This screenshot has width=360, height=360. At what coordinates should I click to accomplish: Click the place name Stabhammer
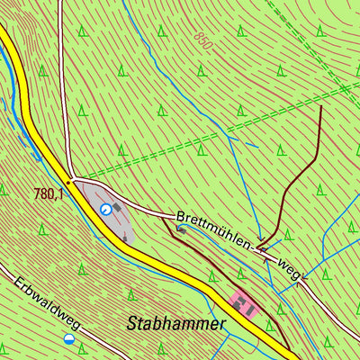click(x=176, y=323)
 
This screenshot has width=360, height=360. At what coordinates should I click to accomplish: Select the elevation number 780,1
click(x=49, y=193)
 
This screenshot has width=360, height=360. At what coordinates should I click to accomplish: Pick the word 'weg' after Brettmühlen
click(x=288, y=266)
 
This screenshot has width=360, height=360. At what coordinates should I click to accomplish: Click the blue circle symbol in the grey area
click(x=106, y=210)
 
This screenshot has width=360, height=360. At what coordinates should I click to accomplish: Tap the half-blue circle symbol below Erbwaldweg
click(x=69, y=338)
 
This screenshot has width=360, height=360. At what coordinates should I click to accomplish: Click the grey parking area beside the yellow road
click(x=112, y=211)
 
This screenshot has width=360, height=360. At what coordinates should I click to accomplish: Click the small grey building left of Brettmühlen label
click(x=181, y=229)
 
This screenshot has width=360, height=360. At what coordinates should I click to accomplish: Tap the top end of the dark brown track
click(x=321, y=105)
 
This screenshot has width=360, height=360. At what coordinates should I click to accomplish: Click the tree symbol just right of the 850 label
click(x=240, y=31)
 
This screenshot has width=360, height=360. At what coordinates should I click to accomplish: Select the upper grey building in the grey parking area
click(x=117, y=204)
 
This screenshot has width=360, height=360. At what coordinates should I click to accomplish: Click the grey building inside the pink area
click(x=239, y=305)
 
